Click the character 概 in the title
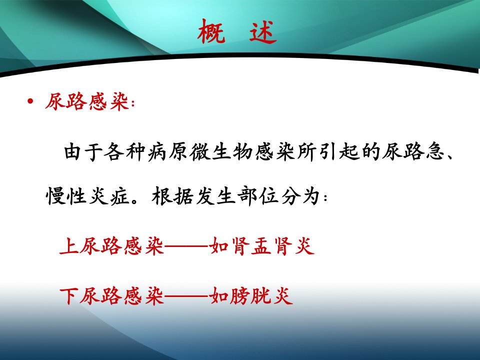pos(211,31)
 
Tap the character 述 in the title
pos(262,31)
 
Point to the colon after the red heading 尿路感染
pos(132,103)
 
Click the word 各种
pos(124,151)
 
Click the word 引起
pos(338,151)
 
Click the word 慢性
pos(66,196)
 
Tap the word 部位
pos(258,196)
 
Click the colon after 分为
pos(325,197)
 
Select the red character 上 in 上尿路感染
pos(69,246)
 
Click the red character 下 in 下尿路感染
pos(69,295)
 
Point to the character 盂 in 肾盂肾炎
pos(261,246)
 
